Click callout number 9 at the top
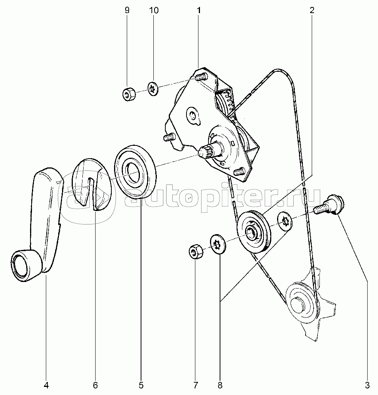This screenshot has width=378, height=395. coord(127,10)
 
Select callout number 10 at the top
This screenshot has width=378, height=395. coord(154,10)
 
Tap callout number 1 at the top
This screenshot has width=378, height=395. coord(199,10)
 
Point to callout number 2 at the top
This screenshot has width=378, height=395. coord(312,10)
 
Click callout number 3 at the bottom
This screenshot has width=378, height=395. coord(367,385)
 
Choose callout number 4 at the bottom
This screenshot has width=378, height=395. coord(46,385)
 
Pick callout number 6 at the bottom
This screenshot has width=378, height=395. coord(96,385)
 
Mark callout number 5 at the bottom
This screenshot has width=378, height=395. coord(141,385)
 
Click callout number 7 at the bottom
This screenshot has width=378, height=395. coord(195,385)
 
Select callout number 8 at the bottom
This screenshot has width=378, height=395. coord(220,385)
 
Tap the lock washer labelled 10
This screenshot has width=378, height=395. coord(153,88)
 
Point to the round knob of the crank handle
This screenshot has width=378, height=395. coord(26,266)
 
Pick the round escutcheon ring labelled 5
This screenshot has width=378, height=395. coord(135,171)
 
